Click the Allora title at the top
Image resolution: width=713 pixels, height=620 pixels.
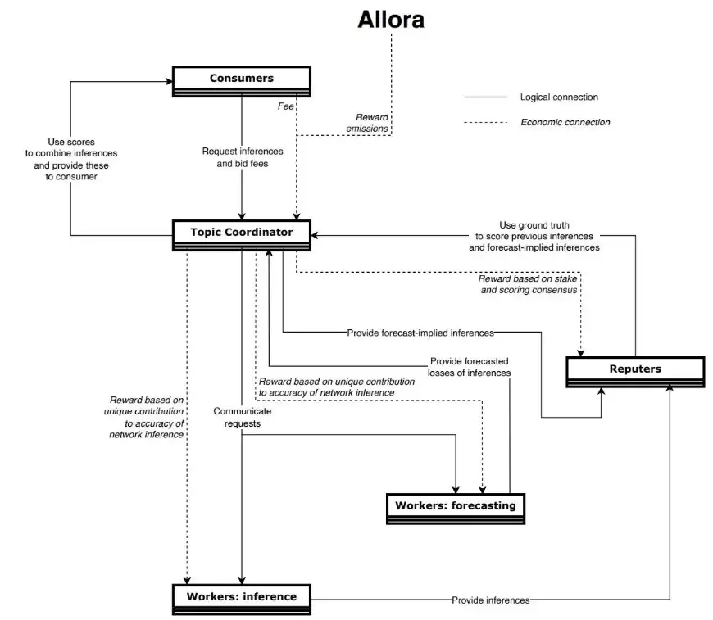[x=391, y=20]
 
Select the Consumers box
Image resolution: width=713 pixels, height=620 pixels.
[x=241, y=79]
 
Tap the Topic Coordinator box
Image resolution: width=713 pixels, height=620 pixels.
[x=241, y=233]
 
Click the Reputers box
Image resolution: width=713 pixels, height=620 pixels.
[x=634, y=369]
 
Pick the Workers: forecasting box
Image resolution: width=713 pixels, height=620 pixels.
[x=455, y=505]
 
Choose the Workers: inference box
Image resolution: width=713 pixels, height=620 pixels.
[x=241, y=596]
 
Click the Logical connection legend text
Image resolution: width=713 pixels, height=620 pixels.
[x=559, y=97]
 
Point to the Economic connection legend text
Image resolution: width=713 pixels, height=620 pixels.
[x=565, y=123]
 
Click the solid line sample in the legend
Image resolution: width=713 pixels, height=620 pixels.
[x=485, y=97]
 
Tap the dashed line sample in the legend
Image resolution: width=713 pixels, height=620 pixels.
[x=485, y=123]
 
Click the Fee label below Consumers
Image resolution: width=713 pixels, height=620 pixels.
[x=286, y=106]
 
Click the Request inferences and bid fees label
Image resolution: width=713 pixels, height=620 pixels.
[x=243, y=157]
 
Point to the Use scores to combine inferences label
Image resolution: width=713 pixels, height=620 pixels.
[x=71, y=159]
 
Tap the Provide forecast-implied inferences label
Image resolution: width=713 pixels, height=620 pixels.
[x=420, y=333]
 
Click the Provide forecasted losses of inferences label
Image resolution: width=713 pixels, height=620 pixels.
[x=469, y=367]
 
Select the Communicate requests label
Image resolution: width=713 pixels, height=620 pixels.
[x=242, y=418]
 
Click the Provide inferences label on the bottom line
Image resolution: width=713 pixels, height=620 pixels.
[x=490, y=600]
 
